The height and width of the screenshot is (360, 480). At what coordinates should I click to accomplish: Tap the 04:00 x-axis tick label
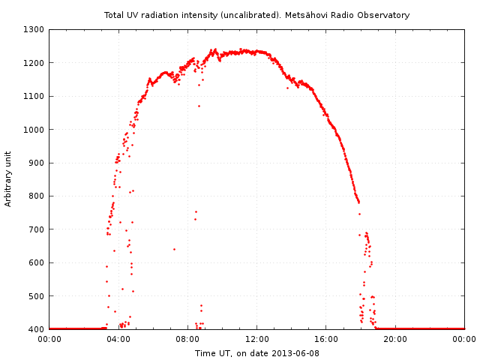tap(118, 339)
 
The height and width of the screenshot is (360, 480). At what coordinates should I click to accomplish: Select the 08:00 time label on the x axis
tap(187, 339)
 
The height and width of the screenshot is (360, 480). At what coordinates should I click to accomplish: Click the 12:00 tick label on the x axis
tap(257, 339)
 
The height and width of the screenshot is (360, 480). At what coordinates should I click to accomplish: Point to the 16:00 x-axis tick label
tap(326, 339)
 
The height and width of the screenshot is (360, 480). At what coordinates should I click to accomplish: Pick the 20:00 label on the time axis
tap(395, 339)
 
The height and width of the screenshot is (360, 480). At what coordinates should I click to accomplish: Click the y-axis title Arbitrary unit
tap(9, 179)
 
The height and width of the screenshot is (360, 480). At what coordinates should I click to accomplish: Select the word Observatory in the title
tap(384, 15)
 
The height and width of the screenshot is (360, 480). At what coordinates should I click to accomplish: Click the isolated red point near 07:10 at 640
tap(174, 249)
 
